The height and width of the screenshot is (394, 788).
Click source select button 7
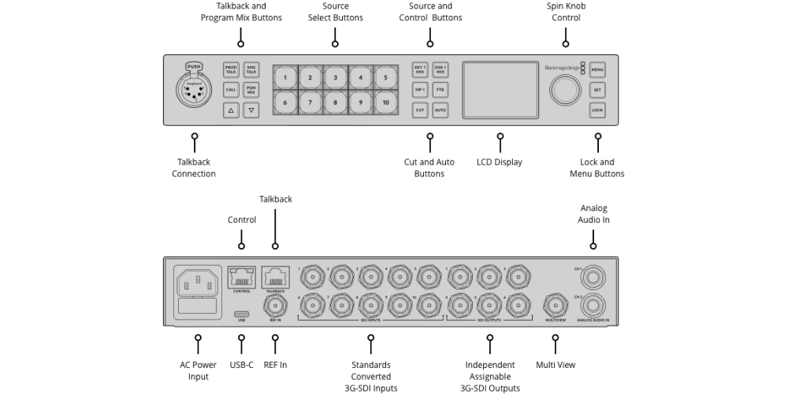[310, 102]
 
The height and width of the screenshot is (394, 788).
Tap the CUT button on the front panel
[420, 110]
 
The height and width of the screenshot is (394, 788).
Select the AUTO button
[440, 110]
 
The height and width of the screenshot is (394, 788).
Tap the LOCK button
[597, 110]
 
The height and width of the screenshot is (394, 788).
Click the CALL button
[231, 90]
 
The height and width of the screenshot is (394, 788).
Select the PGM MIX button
[251, 90]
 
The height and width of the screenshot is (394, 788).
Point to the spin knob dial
[565, 90]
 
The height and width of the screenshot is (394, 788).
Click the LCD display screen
[500, 90]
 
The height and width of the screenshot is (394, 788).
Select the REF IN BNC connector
[275, 305]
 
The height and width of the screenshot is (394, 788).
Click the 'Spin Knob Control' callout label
[565, 12]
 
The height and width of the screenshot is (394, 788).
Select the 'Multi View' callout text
[556, 365]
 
